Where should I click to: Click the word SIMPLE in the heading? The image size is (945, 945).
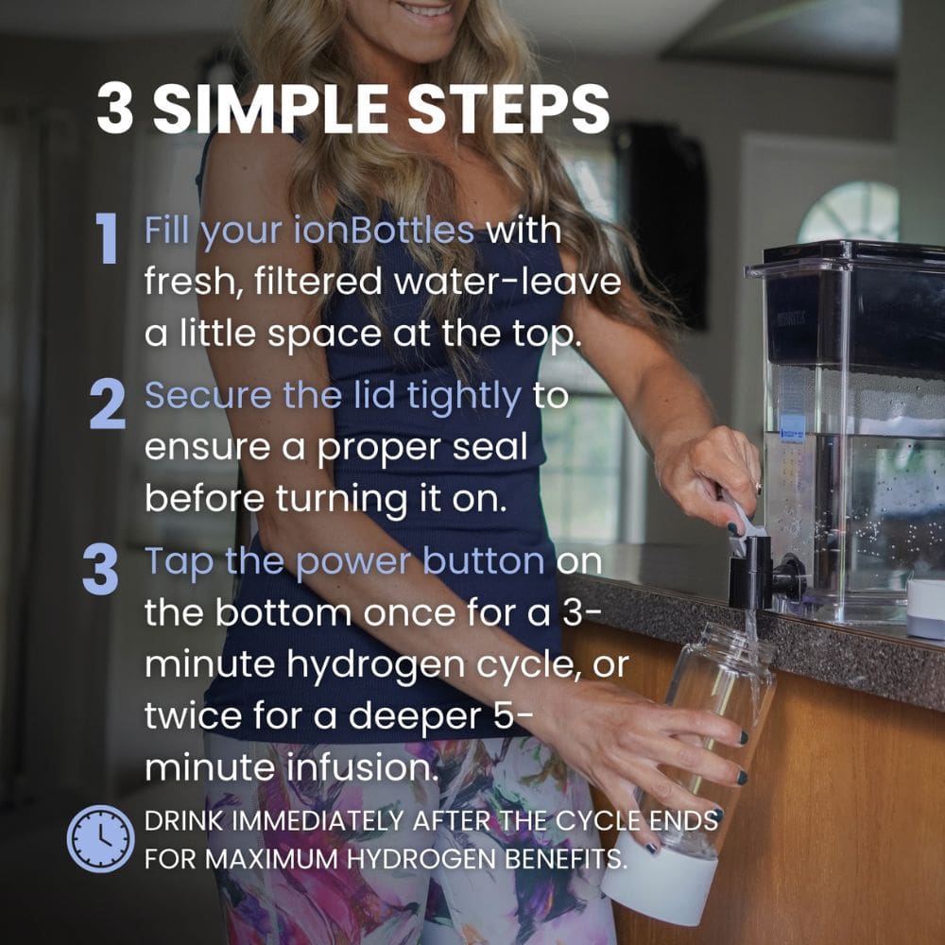click(x=270, y=109)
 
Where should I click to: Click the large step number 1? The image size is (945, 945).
click(x=107, y=239)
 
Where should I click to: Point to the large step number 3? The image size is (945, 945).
click(x=100, y=570)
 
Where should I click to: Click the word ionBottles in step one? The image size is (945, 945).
click(x=384, y=231)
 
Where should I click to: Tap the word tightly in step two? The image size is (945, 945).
click(x=464, y=398)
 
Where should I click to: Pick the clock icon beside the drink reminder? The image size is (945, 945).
click(x=101, y=838)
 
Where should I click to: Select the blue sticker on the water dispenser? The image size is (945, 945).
click(x=793, y=427)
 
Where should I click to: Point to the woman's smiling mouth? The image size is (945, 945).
click(x=426, y=9)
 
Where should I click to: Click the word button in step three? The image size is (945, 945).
click(x=484, y=560)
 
